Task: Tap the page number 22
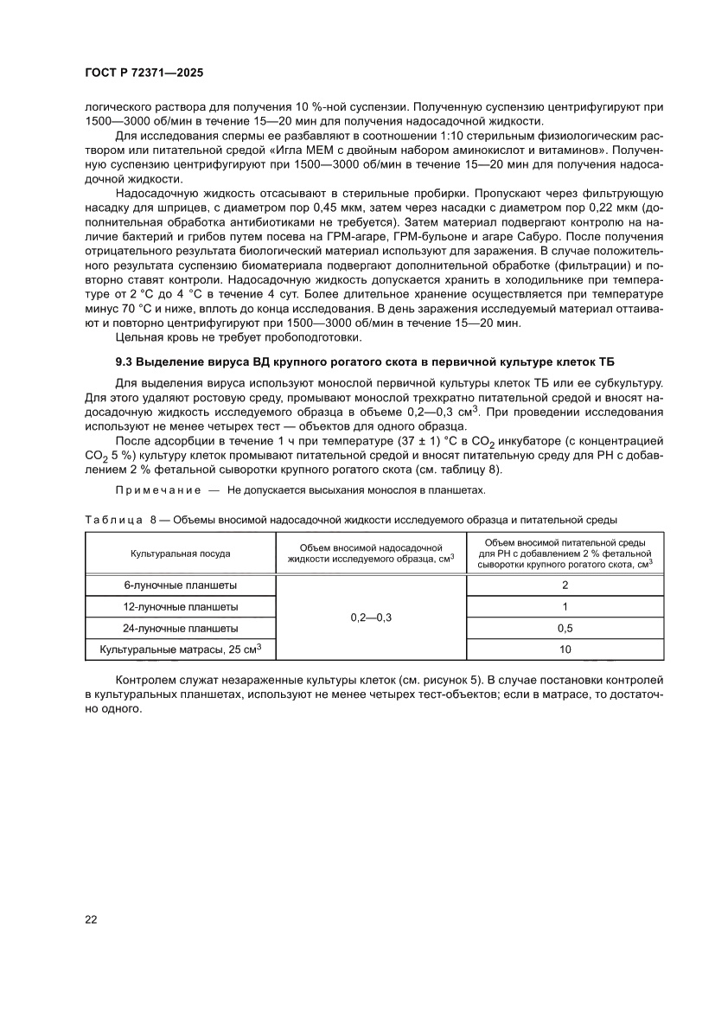coord(91,918)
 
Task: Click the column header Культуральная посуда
coord(180,553)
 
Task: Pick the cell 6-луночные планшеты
coord(180,585)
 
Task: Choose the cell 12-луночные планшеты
coord(180,606)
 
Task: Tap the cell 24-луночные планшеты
coord(180,628)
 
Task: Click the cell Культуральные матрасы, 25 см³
coord(180,649)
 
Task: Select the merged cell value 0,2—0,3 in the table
coord(370,617)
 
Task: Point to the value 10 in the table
coord(565,649)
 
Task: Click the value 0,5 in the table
coord(565,628)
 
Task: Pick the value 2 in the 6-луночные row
coord(565,585)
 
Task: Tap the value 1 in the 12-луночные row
coord(565,606)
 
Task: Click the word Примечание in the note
coord(151,490)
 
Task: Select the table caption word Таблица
coord(114,520)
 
